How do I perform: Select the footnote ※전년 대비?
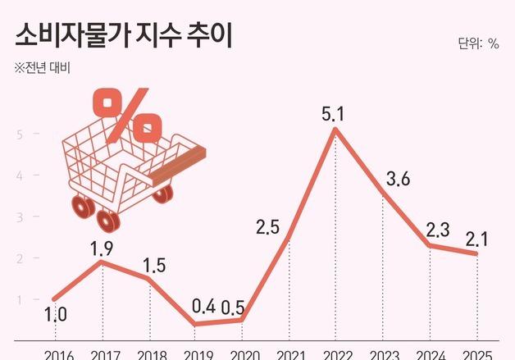click(x=43, y=68)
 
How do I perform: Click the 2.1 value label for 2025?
click(x=477, y=239)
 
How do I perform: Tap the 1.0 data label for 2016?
click(x=55, y=313)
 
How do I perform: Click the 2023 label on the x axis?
click(x=383, y=354)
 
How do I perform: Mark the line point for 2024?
click(x=431, y=245)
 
